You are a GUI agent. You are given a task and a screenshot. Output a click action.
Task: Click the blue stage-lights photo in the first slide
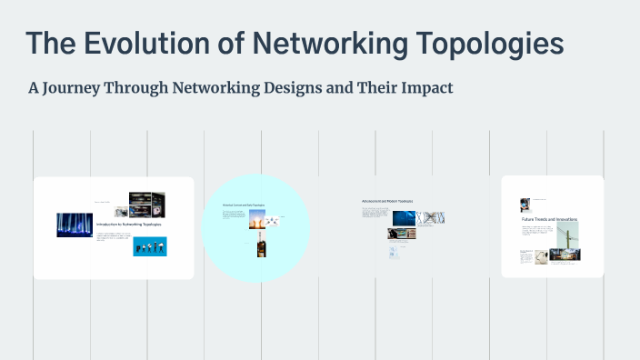[x=75, y=225]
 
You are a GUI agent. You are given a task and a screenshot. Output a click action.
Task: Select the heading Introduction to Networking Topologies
[x=129, y=224]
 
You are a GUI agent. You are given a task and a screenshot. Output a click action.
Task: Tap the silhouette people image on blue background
[x=150, y=246]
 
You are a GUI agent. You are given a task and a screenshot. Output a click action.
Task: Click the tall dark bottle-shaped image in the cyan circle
[x=261, y=245]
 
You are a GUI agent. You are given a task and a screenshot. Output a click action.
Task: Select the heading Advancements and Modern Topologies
[x=387, y=200]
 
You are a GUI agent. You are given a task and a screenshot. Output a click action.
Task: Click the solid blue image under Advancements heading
[x=405, y=218]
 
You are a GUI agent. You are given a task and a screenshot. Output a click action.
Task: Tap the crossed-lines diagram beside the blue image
[x=432, y=218]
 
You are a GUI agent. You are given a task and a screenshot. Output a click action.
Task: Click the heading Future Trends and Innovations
[x=549, y=219]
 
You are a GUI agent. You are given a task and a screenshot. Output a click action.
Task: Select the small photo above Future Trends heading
[x=525, y=205]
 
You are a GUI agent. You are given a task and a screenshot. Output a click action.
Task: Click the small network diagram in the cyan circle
[x=271, y=221]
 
